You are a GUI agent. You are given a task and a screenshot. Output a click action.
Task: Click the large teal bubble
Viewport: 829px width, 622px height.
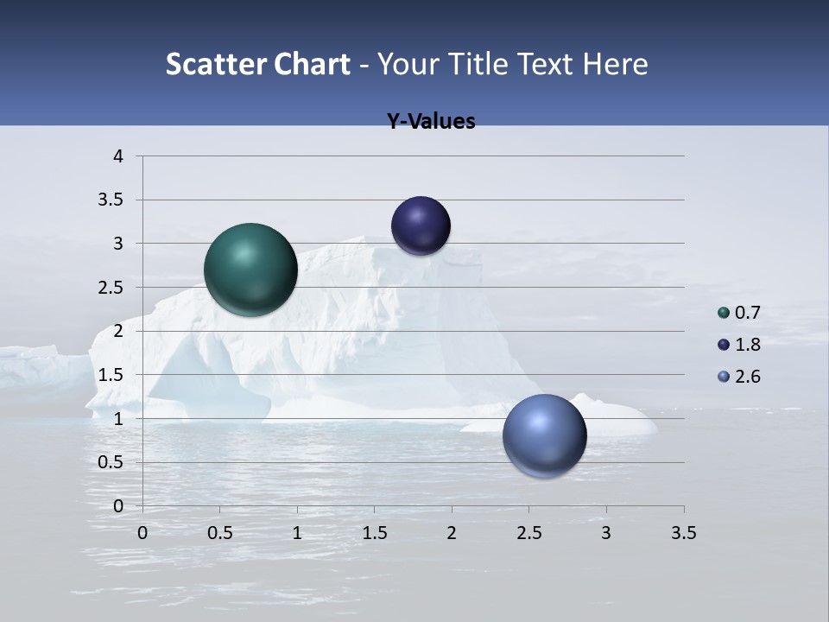click(x=251, y=270)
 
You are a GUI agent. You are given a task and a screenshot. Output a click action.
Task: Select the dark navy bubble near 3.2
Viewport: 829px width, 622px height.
click(x=421, y=225)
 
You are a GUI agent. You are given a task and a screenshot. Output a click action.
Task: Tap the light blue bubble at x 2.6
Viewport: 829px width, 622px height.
click(x=545, y=435)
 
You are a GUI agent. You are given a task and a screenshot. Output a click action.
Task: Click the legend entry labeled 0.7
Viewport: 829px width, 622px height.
click(x=739, y=313)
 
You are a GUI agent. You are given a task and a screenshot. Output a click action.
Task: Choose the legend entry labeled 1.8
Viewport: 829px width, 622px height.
click(x=739, y=345)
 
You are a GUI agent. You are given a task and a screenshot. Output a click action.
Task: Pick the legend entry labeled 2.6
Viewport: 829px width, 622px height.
click(x=739, y=377)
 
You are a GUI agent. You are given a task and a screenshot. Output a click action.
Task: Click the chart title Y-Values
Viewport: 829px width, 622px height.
click(x=431, y=122)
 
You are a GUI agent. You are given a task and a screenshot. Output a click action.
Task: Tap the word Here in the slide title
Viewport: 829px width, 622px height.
click(x=615, y=64)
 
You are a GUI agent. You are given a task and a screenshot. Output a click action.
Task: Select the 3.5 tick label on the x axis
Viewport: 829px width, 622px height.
click(x=683, y=533)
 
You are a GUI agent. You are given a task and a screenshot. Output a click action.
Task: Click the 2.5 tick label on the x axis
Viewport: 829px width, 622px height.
click(x=528, y=533)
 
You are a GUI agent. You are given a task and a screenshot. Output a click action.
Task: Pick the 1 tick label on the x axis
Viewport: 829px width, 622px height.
click(x=297, y=533)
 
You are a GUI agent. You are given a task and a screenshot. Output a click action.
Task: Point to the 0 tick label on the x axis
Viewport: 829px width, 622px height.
click(x=142, y=533)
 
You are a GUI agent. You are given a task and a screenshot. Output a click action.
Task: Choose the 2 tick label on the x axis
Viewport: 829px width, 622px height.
click(x=452, y=533)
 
